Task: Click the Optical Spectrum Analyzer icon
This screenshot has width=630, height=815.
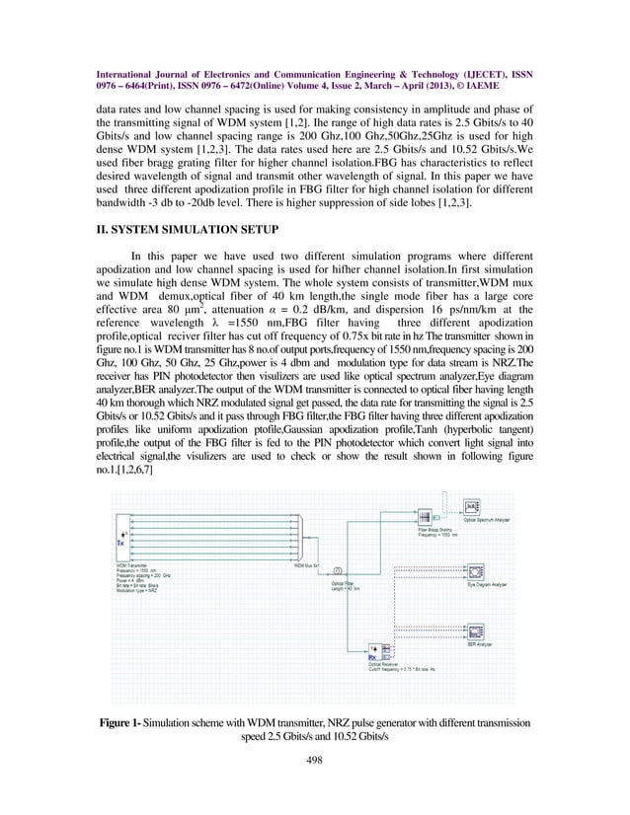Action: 473,509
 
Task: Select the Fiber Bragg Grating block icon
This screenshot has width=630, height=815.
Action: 426,518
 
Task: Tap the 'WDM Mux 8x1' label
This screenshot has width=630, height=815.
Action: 312,565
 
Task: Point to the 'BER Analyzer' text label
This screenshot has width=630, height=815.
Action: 481,644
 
